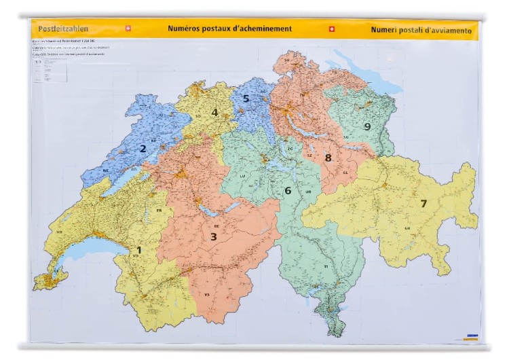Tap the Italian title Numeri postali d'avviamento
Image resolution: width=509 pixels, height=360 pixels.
click(421, 30)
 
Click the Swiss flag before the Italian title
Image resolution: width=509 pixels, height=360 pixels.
click(331, 29)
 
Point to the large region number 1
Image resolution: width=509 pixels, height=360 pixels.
click(139, 250)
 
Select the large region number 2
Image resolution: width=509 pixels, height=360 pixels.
click(143, 149)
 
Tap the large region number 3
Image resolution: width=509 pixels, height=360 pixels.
click(213, 236)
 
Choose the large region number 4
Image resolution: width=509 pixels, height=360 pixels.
click(214, 113)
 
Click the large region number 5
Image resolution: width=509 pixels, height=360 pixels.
click(246, 98)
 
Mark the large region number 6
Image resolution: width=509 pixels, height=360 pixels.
click(288, 191)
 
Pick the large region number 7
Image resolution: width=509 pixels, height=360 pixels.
click(423, 203)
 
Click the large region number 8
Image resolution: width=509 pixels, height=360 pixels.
click(328, 158)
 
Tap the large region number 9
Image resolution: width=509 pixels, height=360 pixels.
click(367, 126)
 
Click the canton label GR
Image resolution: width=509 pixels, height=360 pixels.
click(407, 228)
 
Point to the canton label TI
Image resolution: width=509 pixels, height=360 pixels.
click(325, 267)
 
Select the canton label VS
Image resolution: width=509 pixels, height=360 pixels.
click(207, 295)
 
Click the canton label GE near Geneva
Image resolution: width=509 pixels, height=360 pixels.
click(47, 270)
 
